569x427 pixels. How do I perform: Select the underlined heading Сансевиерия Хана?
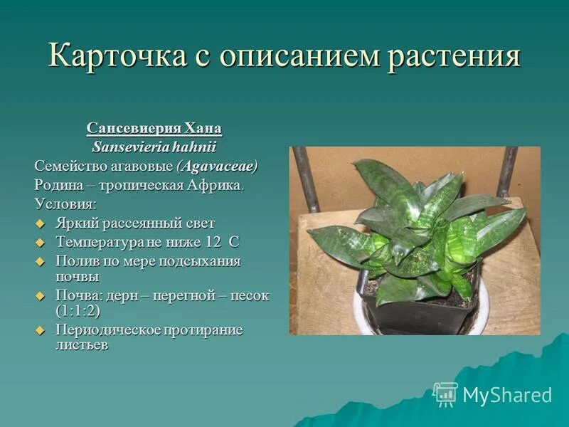[x=154, y=129]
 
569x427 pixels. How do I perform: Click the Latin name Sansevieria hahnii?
[x=154, y=147]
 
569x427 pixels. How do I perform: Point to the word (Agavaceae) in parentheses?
[x=217, y=167]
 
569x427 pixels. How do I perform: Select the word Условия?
[x=65, y=204]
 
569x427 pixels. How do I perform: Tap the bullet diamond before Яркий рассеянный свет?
[x=40, y=223]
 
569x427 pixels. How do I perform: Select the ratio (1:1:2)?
[x=78, y=311]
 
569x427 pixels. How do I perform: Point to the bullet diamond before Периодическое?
[x=40, y=331]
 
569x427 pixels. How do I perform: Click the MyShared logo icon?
[x=445, y=394]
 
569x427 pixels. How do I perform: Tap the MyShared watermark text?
[x=507, y=395]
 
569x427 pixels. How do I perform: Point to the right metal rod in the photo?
[x=507, y=172]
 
